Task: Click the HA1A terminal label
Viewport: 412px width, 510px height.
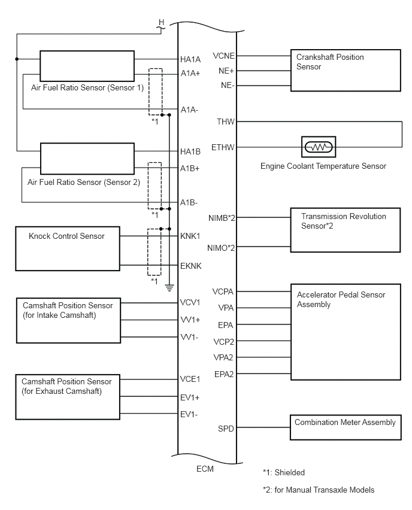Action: (x=190, y=59)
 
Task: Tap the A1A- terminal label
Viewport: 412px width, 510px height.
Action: (x=189, y=110)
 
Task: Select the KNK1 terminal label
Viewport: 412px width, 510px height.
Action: (x=190, y=236)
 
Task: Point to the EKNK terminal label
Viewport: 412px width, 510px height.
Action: (x=190, y=266)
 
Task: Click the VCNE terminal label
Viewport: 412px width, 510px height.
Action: (x=223, y=56)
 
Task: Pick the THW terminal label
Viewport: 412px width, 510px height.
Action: (x=226, y=122)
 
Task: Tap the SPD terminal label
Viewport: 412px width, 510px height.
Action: (x=226, y=429)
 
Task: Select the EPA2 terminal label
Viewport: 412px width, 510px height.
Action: (x=224, y=374)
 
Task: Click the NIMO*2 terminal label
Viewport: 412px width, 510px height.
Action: (x=221, y=248)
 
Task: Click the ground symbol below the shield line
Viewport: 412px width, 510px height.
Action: (x=169, y=287)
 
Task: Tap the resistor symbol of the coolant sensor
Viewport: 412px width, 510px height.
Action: (x=319, y=147)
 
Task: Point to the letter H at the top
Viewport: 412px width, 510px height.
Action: (x=162, y=22)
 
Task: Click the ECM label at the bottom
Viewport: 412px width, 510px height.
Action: (x=205, y=469)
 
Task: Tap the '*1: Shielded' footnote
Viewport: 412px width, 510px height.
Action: (x=284, y=473)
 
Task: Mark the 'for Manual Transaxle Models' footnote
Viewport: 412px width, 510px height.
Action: (x=325, y=490)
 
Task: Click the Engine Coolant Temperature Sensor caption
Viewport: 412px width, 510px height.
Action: (x=323, y=166)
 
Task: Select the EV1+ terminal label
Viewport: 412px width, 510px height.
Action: (x=190, y=398)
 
